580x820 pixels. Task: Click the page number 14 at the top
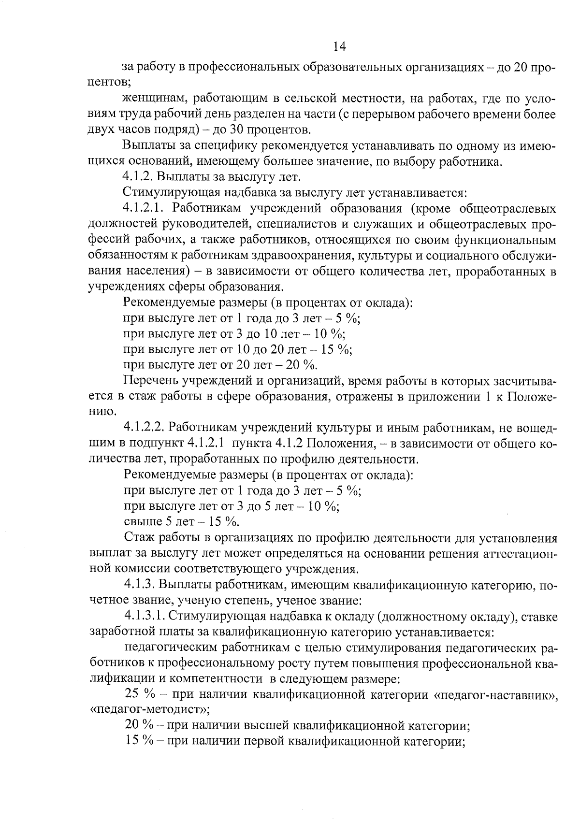point(340,46)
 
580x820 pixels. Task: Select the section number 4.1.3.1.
point(145,617)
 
